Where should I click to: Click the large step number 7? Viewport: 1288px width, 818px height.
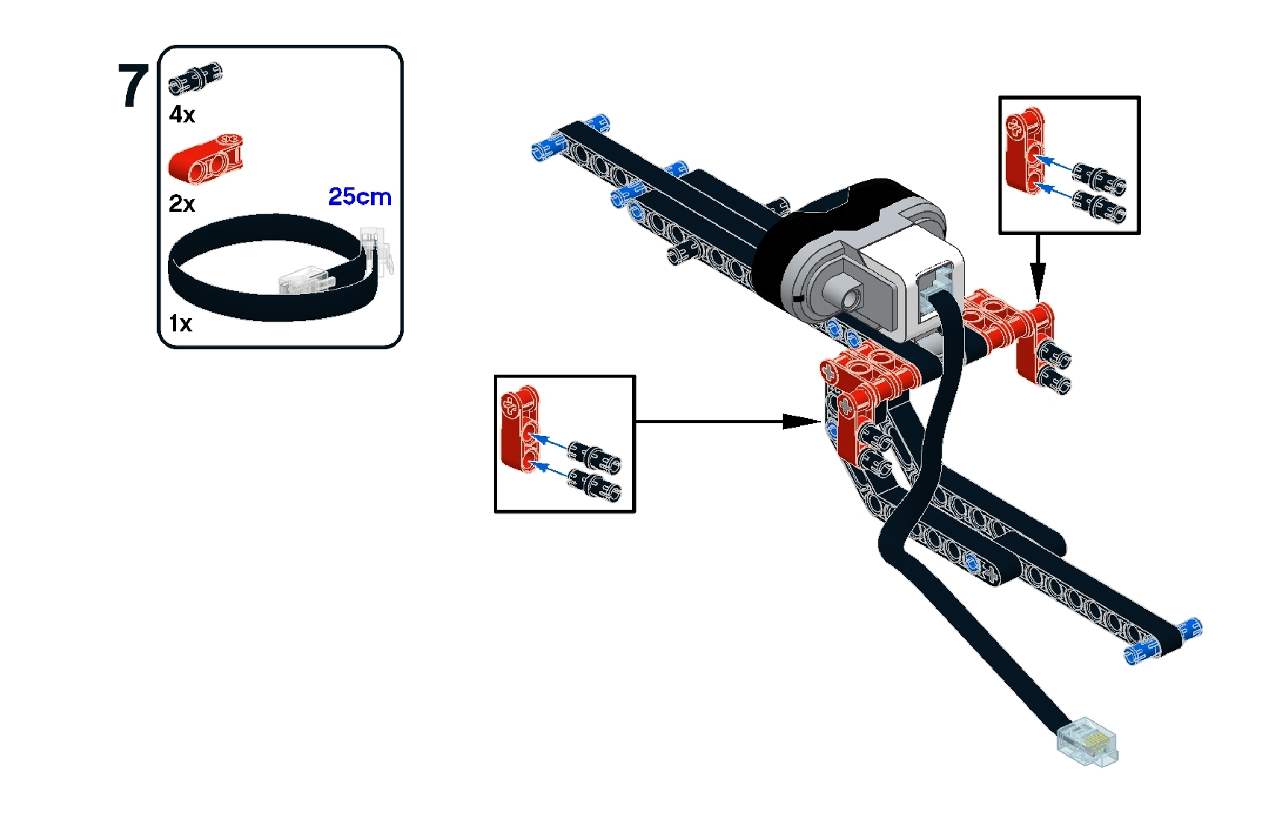(133, 86)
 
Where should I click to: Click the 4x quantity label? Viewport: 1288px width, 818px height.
(182, 114)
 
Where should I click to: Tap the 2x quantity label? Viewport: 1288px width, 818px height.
(182, 204)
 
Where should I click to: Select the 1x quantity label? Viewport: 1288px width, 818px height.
(181, 323)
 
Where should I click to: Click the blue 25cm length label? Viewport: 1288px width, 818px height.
(360, 196)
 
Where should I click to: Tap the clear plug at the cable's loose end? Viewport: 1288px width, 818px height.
(1088, 742)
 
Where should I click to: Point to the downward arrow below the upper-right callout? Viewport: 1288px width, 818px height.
(1037, 268)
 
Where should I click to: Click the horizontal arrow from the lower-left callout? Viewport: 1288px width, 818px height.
(728, 422)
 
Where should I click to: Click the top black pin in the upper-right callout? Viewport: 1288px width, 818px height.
(1098, 176)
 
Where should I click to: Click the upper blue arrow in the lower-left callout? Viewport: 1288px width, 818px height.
(551, 441)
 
